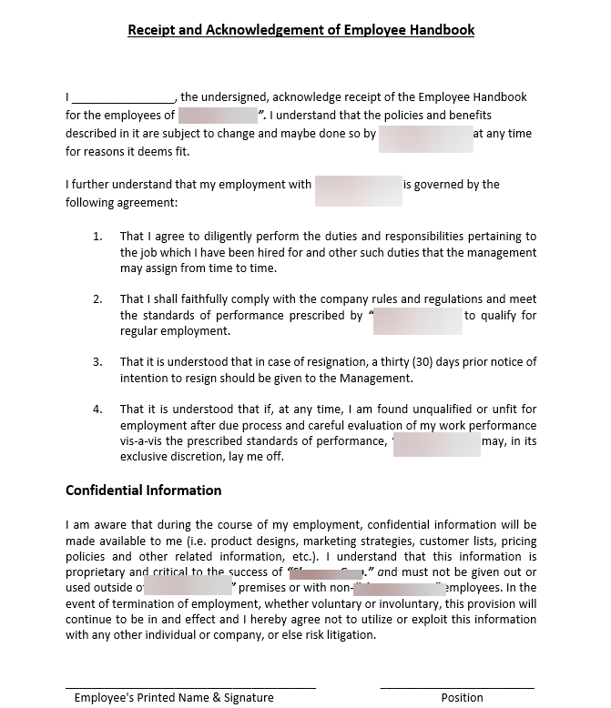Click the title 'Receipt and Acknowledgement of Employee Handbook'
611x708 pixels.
[x=300, y=30]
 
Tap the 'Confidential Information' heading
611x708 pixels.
[x=143, y=491]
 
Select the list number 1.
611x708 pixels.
[x=97, y=237]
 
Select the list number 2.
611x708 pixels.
[x=97, y=299]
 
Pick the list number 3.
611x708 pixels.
[x=97, y=362]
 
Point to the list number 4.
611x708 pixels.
[x=97, y=410]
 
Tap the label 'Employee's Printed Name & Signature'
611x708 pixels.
[x=174, y=698]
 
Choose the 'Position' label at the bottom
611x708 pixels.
[x=462, y=698]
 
